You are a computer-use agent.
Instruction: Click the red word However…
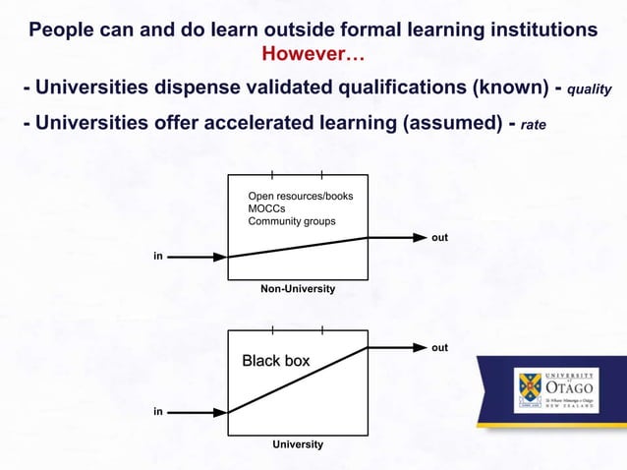tap(313, 51)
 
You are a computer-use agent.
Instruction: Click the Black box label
tap(276, 361)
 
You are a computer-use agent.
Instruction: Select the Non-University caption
tap(298, 289)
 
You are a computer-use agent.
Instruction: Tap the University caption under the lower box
tap(298, 444)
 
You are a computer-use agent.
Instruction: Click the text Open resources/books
tap(301, 197)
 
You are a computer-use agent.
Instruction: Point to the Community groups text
tap(292, 221)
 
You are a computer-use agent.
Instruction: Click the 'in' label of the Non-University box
tap(157, 256)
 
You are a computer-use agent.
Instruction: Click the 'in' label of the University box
tap(157, 411)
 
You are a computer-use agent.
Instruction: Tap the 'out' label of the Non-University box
tap(440, 238)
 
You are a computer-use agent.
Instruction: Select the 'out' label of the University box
tap(440, 347)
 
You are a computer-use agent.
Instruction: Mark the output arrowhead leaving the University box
tap(418, 347)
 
